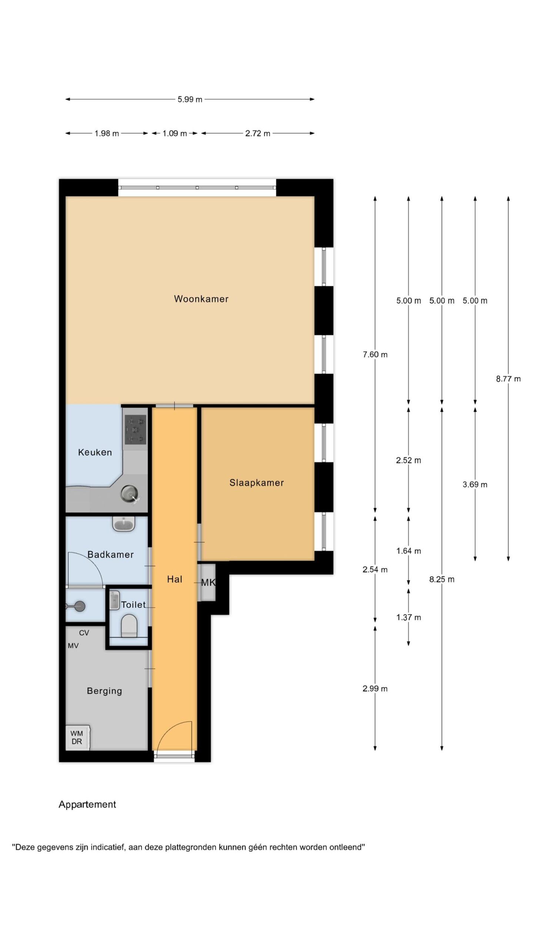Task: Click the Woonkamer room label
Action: click(201, 299)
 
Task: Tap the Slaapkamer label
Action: click(257, 483)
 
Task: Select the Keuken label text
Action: click(95, 452)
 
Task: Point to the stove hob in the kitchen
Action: click(135, 430)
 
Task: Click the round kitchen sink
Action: click(129, 494)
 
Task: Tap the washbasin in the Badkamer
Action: click(124, 524)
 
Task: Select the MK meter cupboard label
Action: click(208, 583)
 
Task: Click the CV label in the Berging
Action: click(84, 633)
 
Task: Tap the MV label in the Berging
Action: click(73, 646)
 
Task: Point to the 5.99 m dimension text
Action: click(190, 99)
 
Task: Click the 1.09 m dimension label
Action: click(174, 133)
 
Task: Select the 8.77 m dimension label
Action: click(508, 379)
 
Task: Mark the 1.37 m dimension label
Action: click(409, 617)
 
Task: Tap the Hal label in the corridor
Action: click(174, 579)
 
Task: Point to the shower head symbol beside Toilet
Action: click(77, 606)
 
